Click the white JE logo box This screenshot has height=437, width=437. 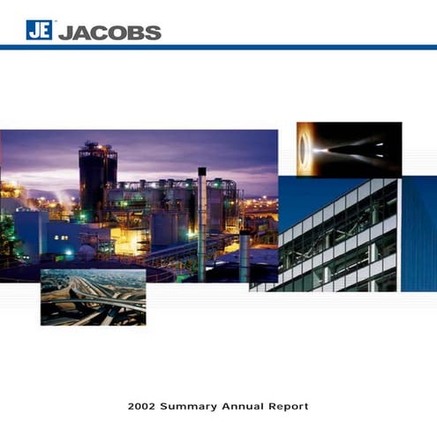(39, 31)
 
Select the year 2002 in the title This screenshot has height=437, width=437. (144, 407)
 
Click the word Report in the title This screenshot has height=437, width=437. (290, 407)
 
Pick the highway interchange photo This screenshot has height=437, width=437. (93, 298)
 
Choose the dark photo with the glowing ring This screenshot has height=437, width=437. (349, 148)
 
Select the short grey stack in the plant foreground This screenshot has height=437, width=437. (245, 256)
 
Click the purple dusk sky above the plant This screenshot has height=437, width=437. (177, 150)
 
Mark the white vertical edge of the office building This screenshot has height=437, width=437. (399, 234)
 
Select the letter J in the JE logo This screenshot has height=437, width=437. (34, 32)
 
